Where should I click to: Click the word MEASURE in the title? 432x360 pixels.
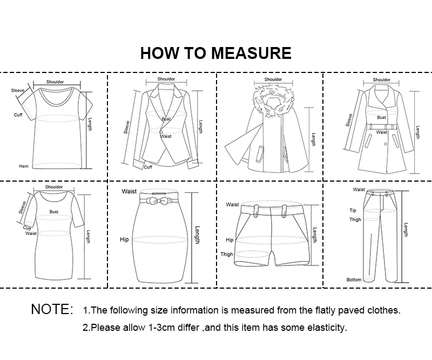(x=251, y=53)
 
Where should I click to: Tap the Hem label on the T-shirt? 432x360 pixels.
(x=24, y=166)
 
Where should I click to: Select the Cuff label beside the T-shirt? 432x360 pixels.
(x=18, y=115)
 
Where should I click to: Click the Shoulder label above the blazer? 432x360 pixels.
(x=166, y=79)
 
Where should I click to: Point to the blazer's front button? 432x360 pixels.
(x=161, y=132)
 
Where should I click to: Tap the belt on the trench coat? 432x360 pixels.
(x=382, y=126)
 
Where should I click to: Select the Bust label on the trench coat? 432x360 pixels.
(x=382, y=117)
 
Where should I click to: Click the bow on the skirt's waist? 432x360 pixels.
(x=156, y=201)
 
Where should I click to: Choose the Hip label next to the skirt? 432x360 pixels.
(x=124, y=239)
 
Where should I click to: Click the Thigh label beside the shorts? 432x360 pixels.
(x=227, y=255)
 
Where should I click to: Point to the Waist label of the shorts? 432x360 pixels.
(x=232, y=204)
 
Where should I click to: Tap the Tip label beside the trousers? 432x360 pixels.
(x=353, y=210)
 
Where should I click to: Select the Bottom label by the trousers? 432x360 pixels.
(x=354, y=279)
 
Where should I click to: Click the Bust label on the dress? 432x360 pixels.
(x=54, y=211)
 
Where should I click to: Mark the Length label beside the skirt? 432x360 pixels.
(x=197, y=235)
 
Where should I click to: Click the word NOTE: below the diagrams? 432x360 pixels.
(x=52, y=309)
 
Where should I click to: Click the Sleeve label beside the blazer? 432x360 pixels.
(x=127, y=128)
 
